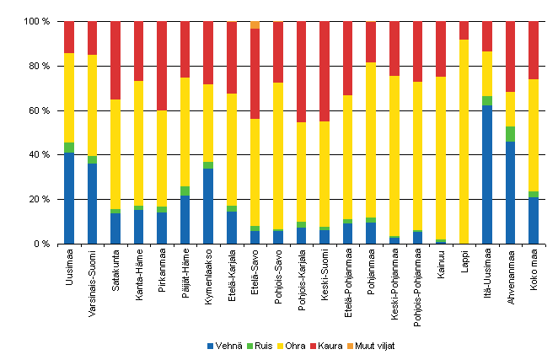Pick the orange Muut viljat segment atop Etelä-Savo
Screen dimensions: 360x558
click(255, 24)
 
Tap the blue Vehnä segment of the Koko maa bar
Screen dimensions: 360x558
click(534, 220)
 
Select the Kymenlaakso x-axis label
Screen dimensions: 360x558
click(208, 278)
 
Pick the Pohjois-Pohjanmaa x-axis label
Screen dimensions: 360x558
click(417, 287)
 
